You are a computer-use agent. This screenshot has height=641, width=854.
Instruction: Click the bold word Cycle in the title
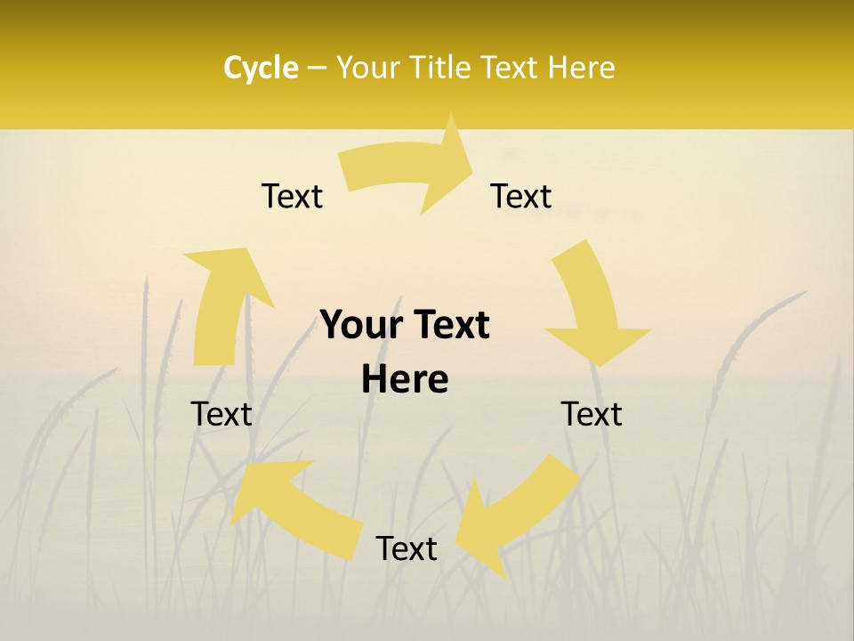[x=261, y=68]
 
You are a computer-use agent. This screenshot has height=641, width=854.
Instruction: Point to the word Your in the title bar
[x=367, y=68]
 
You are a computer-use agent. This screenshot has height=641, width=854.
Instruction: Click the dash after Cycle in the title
[x=318, y=68]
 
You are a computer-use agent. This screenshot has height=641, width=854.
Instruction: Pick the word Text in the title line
[x=512, y=68]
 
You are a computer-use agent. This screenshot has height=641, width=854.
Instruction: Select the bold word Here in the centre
[x=405, y=379]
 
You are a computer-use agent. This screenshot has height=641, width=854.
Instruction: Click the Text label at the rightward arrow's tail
[x=292, y=196]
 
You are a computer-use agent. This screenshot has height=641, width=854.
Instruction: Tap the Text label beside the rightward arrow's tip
[x=521, y=196]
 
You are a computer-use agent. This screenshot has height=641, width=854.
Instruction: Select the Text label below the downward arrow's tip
[x=592, y=414]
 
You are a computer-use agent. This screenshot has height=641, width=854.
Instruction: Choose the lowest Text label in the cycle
[x=407, y=548]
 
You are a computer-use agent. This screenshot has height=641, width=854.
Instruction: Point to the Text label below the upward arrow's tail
[x=222, y=414]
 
